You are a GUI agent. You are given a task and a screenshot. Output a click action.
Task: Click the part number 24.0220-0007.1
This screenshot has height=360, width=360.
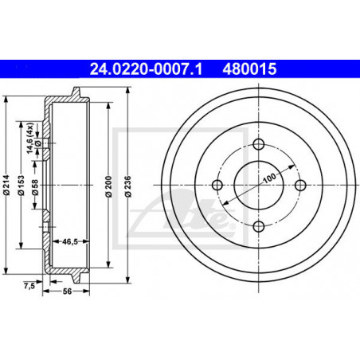click(x=147, y=69)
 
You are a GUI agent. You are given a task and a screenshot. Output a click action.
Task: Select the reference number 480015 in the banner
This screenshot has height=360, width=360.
click(x=249, y=69)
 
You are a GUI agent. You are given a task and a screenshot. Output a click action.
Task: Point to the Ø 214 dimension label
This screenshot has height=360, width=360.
click(x=6, y=185)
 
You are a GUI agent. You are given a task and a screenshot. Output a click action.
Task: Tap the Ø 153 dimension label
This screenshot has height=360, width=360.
click(x=21, y=185)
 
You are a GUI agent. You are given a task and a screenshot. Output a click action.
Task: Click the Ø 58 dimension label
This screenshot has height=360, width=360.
click(x=35, y=187)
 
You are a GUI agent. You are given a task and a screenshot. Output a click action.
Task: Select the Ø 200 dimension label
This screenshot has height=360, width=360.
click(x=108, y=186)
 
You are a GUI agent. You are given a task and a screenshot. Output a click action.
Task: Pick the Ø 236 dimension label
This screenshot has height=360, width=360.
click(x=128, y=186)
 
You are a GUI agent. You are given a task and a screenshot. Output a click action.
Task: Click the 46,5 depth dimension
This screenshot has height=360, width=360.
click(x=70, y=241)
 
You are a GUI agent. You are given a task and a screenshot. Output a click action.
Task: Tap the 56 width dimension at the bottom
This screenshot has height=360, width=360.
click(x=67, y=292)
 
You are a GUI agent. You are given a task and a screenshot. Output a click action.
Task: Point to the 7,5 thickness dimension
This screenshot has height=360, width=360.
click(x=29, y=286)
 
